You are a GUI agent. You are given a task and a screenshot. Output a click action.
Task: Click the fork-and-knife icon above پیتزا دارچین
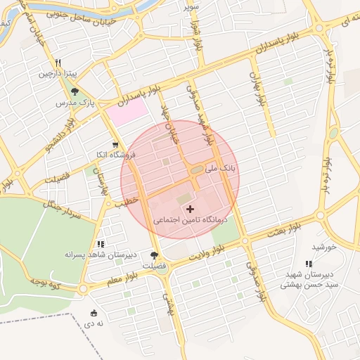tap(63, 62)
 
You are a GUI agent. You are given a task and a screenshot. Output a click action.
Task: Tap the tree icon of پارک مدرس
tap(75, 92)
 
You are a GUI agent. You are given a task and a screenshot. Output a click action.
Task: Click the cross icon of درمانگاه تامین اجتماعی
tap(190, 209)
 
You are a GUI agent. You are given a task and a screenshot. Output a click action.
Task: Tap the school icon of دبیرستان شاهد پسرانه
tap(101, 243)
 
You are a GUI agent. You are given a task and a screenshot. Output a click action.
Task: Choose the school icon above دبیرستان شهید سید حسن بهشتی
tap(309, 264)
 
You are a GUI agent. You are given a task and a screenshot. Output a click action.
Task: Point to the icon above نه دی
tap(94, 313)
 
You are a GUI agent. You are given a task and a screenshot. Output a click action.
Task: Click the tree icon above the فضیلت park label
tap(155, 255)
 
